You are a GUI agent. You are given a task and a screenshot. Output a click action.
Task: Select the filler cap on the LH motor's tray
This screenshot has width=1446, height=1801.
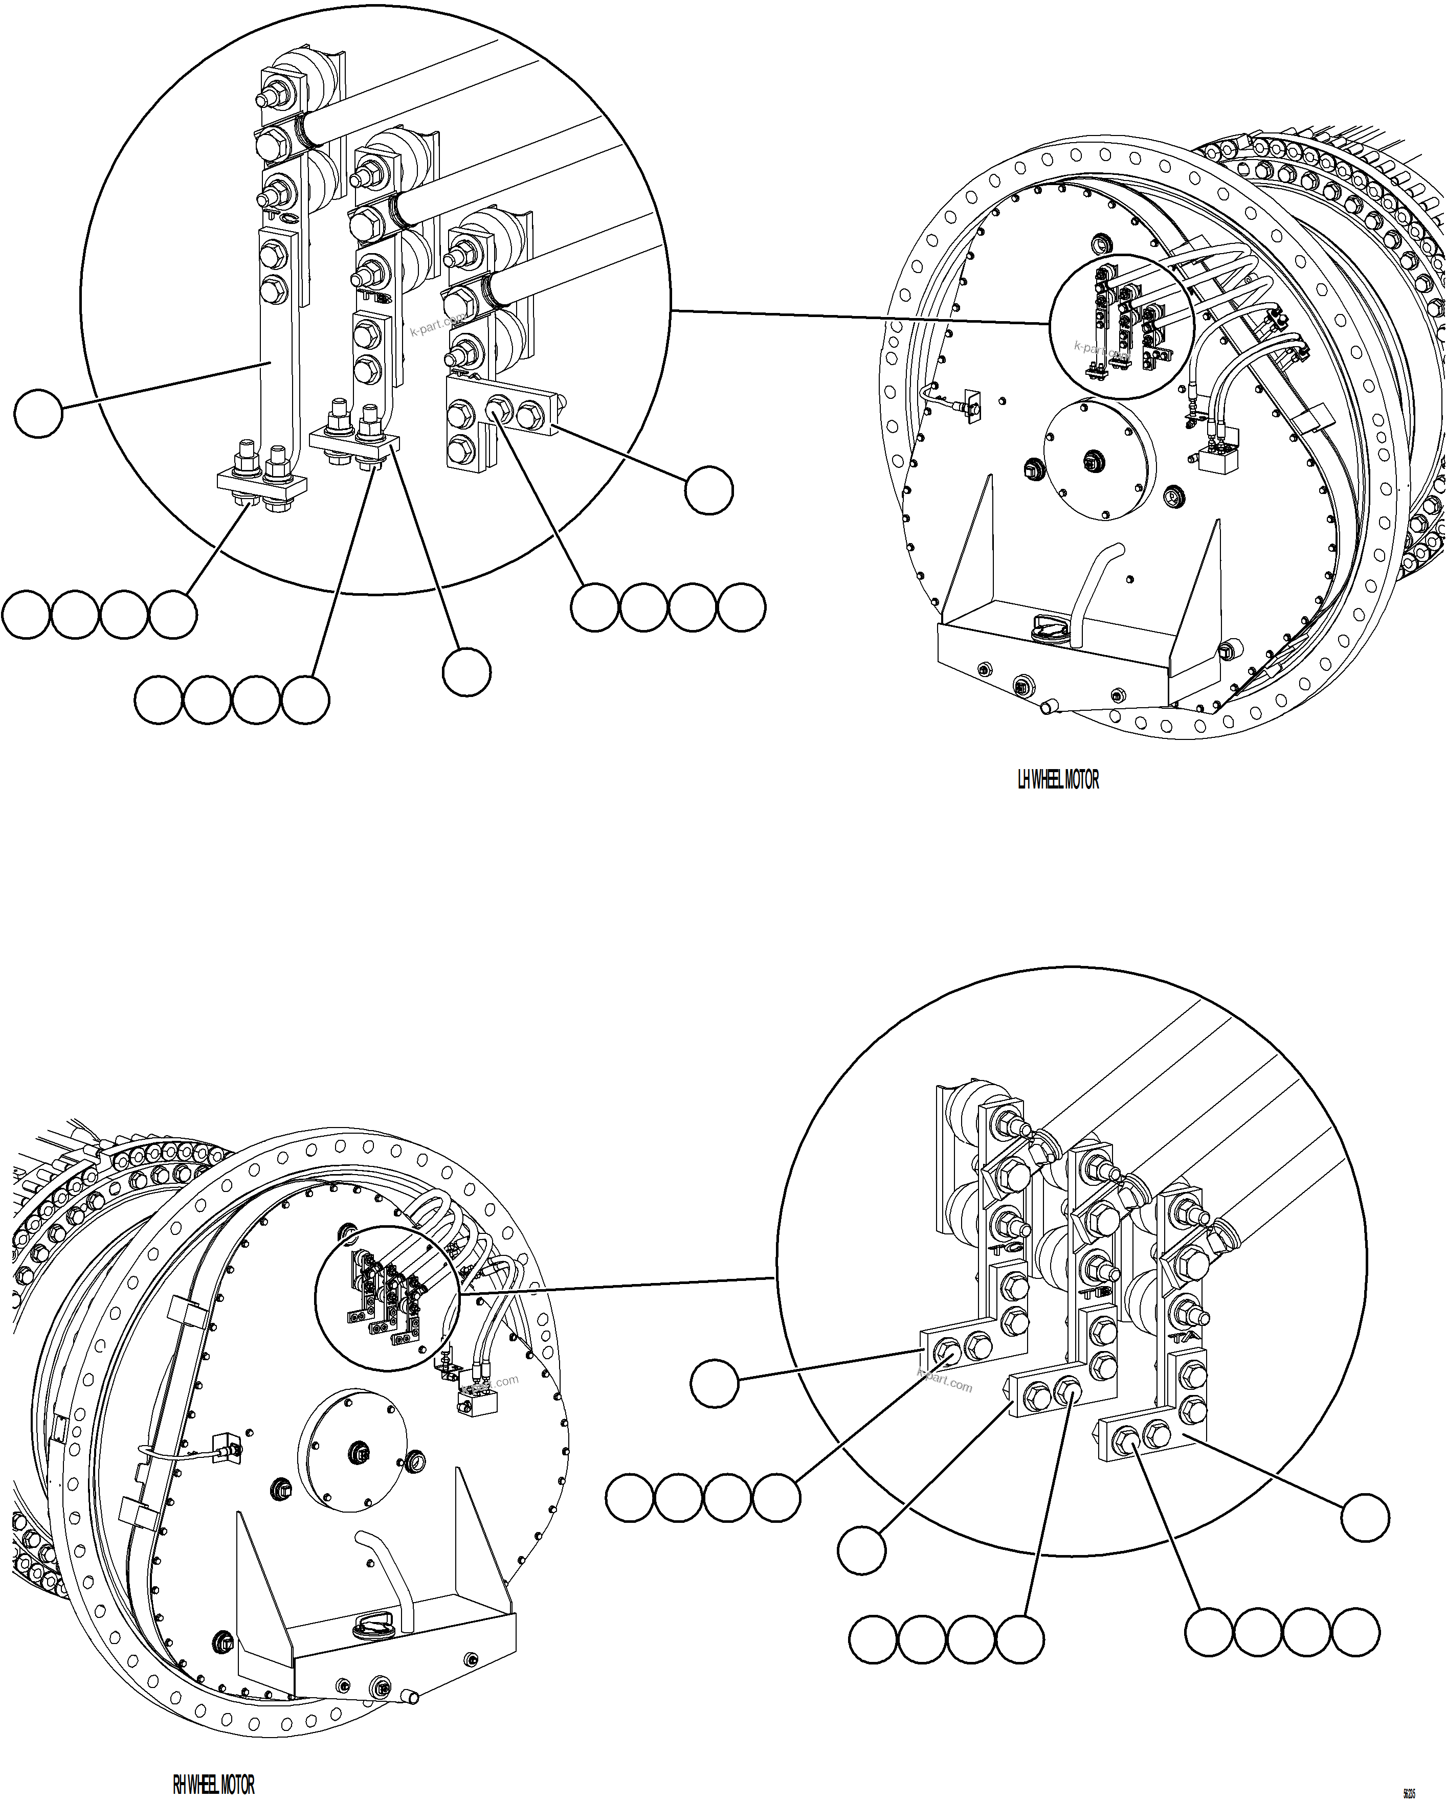1046,626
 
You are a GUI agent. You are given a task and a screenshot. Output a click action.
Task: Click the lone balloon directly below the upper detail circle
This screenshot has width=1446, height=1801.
466,671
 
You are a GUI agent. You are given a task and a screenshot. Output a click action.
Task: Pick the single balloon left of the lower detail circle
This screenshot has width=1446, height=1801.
714,1383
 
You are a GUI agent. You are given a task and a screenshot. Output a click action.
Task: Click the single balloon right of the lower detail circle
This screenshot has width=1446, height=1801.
1365,1517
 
